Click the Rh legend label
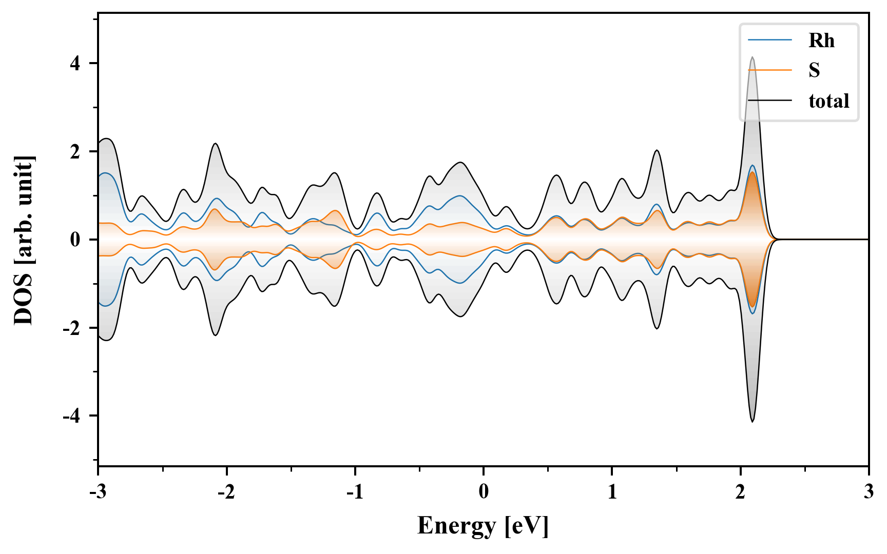pos(821,41)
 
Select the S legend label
pos(814,70)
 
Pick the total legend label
pos(828,101)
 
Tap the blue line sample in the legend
pos(770,40)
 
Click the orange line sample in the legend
pos(770,70)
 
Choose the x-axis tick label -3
pos(98,492)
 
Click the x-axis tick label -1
pos(355,492)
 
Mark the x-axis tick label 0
pos(484,492)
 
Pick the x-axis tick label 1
pos(612,492)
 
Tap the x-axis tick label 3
pos(869,492)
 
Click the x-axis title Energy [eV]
pos(483,526)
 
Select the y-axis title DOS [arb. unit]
pos(24,240)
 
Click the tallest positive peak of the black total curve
pos(753,57)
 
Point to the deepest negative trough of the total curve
pos(753,422)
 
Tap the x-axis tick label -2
pos(226,492)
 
